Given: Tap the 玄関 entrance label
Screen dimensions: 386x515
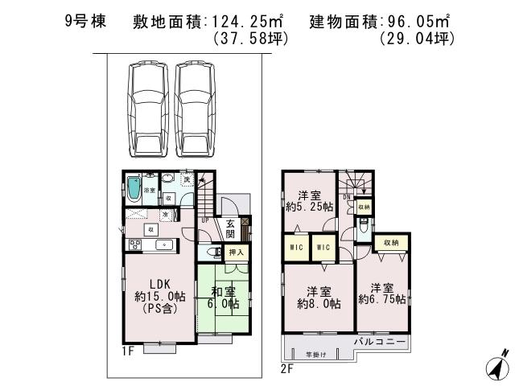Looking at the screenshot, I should point(230,228).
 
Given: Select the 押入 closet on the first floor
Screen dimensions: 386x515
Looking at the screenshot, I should point(237,253).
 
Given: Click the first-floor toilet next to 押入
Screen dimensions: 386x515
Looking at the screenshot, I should point(215,253).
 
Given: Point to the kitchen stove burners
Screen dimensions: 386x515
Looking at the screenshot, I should point(134,244).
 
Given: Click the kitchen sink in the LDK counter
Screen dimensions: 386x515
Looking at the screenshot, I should point(163,244).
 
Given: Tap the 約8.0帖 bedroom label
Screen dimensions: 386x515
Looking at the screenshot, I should point(319,297).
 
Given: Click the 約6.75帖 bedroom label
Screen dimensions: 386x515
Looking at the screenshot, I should point(384,294).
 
